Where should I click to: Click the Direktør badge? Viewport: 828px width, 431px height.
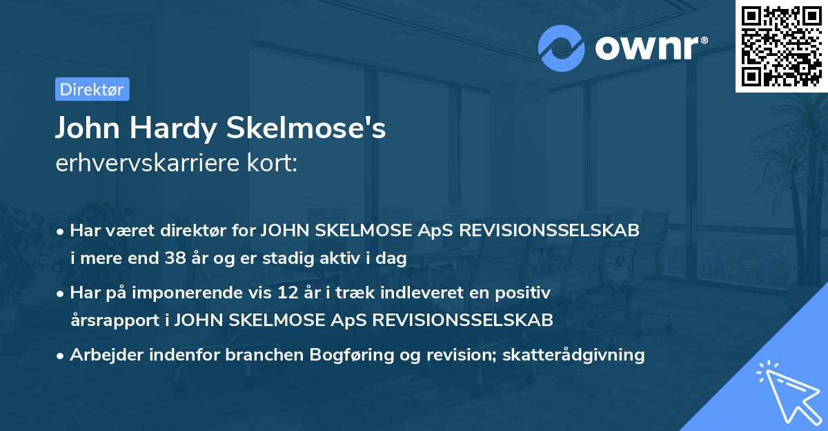tap(92, 89)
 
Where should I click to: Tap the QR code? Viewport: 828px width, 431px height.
tap(782, 46)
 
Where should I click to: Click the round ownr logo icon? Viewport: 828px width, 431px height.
tap(562, 48)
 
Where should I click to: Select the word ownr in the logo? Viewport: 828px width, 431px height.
tap(649, 48)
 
